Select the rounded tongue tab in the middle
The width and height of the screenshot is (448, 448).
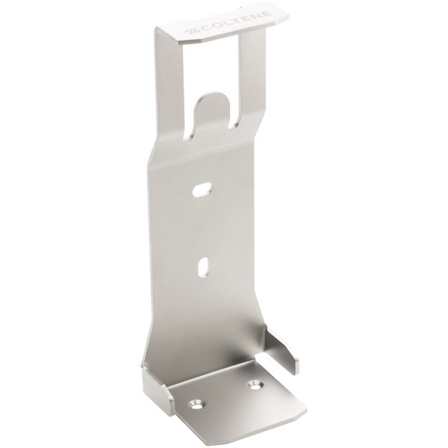211,110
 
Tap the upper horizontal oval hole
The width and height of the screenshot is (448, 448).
202,190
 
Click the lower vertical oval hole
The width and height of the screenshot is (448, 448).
203,268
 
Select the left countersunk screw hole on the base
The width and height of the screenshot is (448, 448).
196,405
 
